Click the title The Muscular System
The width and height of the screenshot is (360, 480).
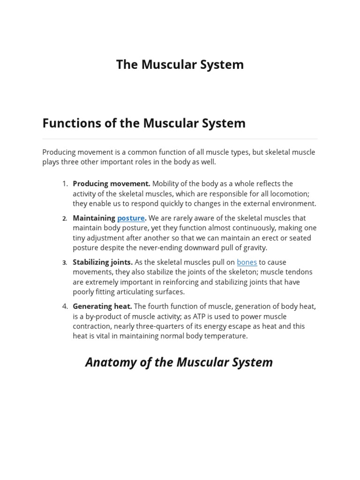180,65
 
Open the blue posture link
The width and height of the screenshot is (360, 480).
131,218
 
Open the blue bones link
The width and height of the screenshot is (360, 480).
247,262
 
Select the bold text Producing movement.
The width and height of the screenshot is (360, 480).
112,184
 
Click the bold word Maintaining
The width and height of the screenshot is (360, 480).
94,218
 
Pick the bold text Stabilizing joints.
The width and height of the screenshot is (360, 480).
103,262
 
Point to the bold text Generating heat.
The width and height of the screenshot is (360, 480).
102,307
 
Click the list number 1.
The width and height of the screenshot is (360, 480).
65,184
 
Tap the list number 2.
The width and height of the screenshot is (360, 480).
65,218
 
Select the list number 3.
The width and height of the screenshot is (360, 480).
65,262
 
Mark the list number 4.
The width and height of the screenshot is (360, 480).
65,307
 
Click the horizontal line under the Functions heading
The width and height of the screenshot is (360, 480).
180,139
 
